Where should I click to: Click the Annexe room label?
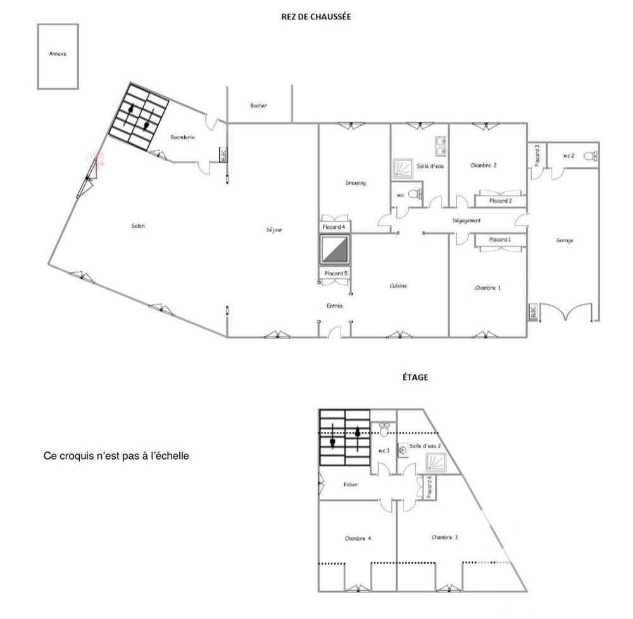tap(58, 54)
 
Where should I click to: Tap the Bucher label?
tap(259, 106)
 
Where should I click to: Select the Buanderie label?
tap(182, 137)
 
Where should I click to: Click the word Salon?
tap(138, 226)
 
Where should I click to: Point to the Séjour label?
tap(274, 230)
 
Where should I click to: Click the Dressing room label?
tap(356, 183)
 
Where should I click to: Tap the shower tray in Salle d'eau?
tap(403, 169)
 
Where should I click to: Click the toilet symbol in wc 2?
tap(591, 156)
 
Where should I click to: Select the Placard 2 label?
tap(501, 201)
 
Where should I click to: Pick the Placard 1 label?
tap(500, 240)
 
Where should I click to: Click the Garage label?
tap(565, 240)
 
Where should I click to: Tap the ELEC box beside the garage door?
tap(532, 311)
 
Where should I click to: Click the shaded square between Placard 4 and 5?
tap(334, 249)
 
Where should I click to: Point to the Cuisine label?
tap(398, 286)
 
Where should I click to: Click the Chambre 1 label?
tap(487, 288)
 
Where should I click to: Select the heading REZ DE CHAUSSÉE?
tap(316, 17)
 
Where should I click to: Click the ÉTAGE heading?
tap(415, 377)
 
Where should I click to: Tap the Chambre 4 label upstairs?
tap(358, 538)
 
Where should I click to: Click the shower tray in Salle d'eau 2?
tap(436, 463)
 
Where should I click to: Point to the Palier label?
tap(351, 485)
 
